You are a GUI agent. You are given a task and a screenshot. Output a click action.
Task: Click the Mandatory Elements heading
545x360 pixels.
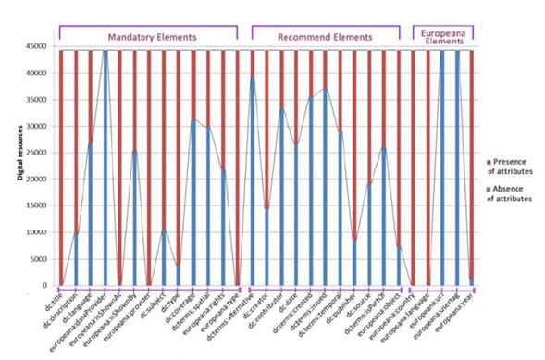click(x=152, y=37)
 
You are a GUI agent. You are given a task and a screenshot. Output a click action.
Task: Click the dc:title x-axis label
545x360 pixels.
click(x=52, y=297)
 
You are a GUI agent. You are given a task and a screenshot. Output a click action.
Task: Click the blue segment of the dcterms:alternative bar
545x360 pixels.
click(x=252, y=185)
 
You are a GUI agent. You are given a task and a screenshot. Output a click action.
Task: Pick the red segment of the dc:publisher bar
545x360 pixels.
click(x=354, y=139)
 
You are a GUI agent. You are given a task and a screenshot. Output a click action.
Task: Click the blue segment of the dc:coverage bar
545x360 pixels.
click(x=193, y=204)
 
